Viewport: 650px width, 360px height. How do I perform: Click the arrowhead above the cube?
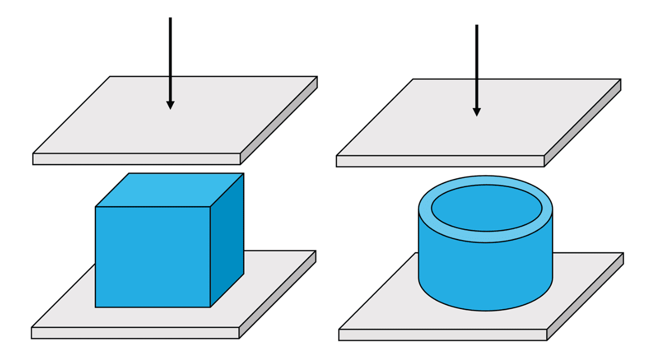[170, 104]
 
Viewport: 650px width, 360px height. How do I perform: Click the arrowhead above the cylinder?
[477, 111]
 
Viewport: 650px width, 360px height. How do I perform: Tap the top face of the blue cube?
[169, 190]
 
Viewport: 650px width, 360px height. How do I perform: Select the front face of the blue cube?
[153, 257]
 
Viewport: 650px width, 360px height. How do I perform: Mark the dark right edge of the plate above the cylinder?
[583, 123]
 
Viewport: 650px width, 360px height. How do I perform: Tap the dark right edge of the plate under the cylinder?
[585, 297]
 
